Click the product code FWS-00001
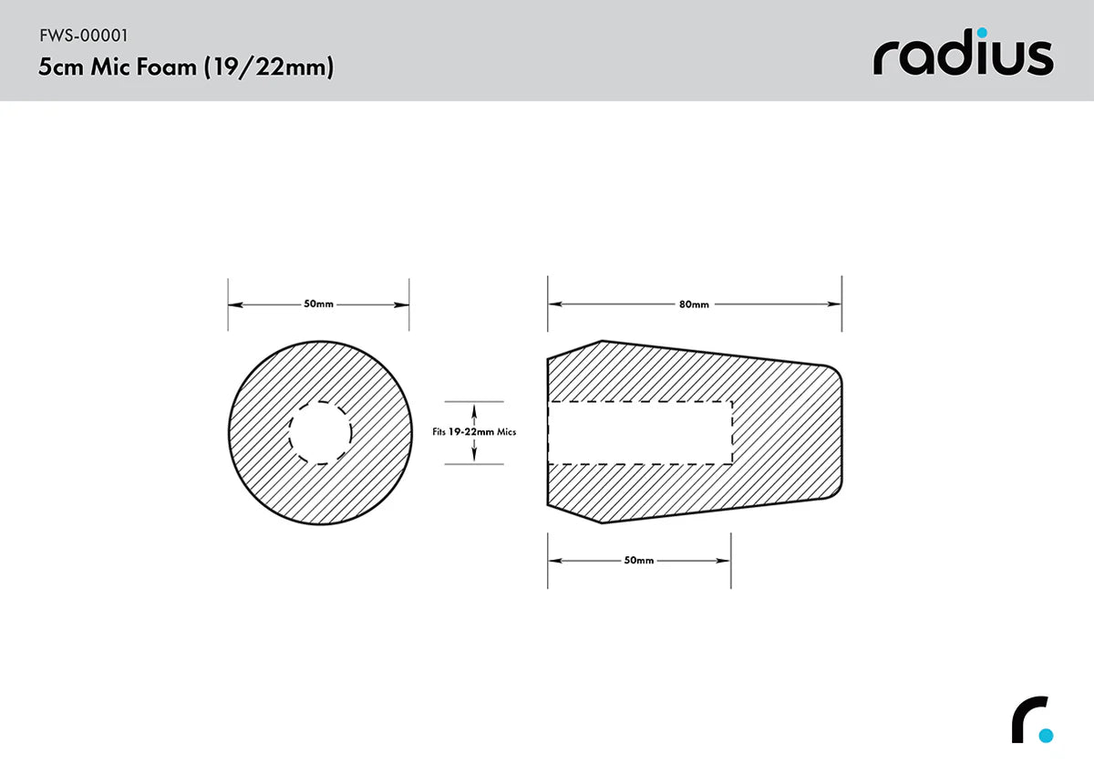click(83, 36)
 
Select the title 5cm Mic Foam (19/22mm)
click(186, 67)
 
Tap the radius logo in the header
click(963, 57)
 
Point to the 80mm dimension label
click(694, 304)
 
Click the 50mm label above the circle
click(318, 304)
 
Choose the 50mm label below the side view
click(639, 561)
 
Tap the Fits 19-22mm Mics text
click(474, 432)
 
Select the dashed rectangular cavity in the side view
click(639, 432)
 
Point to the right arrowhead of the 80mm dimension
click(835, 304)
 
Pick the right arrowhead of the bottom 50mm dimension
click(725, 561)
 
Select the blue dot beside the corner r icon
click(1046, 735)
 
